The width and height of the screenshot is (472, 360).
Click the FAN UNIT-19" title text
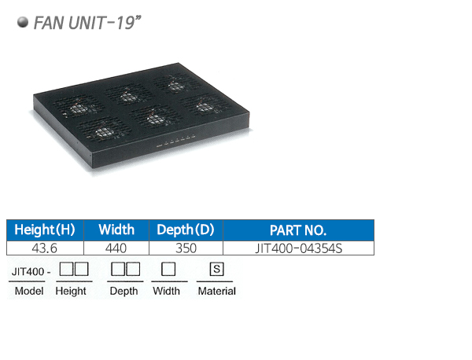(87, 23)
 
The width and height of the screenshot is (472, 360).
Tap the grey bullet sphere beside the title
(23, 22)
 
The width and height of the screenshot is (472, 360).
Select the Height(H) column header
(45, 230)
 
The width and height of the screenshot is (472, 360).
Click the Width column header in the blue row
(116, 230)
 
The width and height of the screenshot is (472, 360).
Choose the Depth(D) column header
(186, 230)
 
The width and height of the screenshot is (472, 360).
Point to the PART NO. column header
(298, 230)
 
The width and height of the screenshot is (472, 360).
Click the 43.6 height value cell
(45, 248)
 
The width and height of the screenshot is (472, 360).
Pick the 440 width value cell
(116, 248)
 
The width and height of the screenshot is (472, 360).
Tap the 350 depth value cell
(186, 248)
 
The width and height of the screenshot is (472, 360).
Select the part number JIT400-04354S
(299, 248)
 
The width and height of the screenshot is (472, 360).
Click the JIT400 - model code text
(31, 272)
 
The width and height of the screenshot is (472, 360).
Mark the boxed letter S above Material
(217, 269)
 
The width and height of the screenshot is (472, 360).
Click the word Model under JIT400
(29, 291)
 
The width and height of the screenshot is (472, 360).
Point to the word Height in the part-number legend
(71, 292)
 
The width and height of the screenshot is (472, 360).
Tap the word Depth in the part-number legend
(124, 292)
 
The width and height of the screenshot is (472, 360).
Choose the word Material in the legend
(217, 291)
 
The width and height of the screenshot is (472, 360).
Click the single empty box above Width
(168, 269)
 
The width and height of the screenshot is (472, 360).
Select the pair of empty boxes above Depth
(126, 269)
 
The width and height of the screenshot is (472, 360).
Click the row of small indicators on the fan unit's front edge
(175, 141)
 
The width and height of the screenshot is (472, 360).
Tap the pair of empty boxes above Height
(74, 269)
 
